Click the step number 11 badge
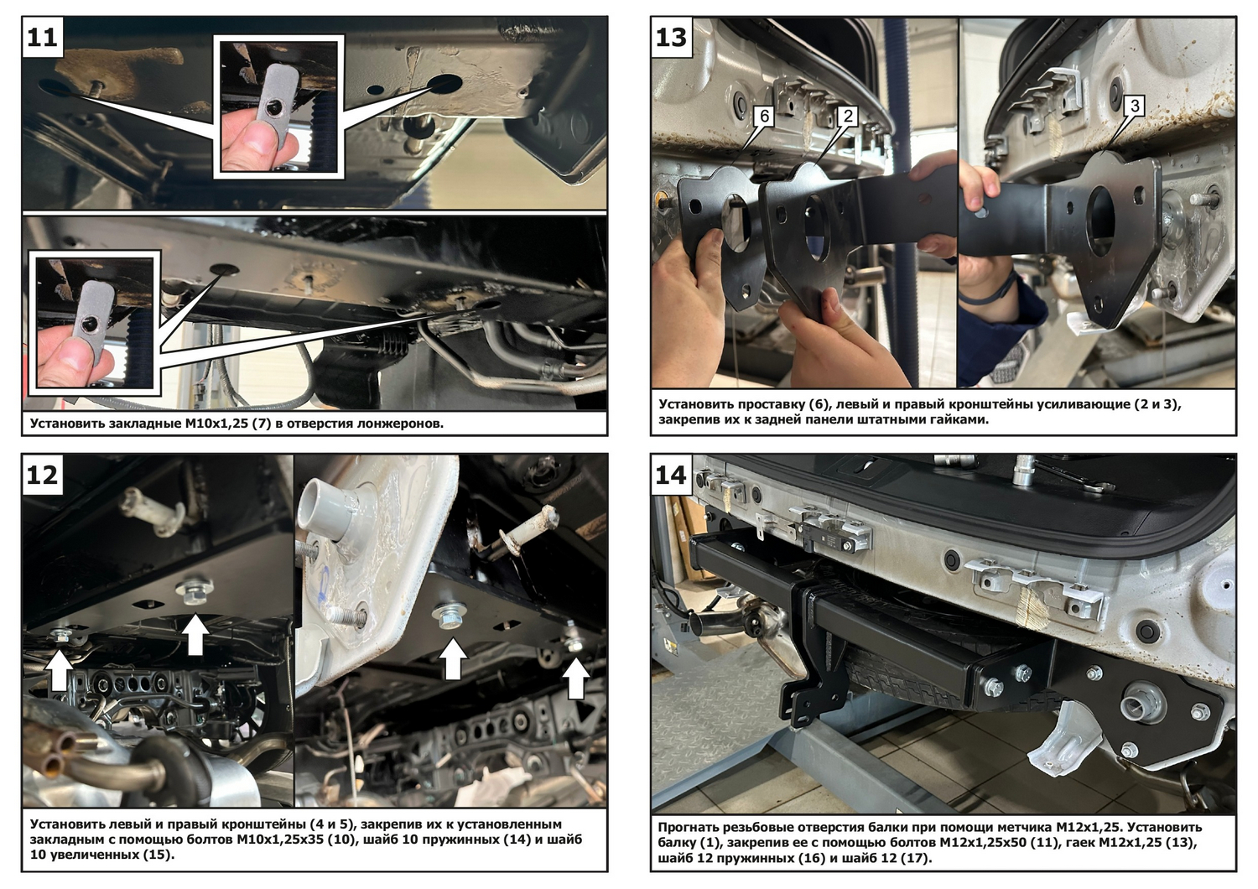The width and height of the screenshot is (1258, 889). [42, 37]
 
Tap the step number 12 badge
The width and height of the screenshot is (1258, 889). [42, 475]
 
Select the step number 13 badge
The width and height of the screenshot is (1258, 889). [671, 37]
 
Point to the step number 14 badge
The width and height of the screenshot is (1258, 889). [671, 475]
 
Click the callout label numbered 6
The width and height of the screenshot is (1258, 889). [764, 117]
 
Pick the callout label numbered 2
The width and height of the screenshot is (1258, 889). [847, 117]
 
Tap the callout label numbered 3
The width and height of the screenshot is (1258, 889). [1135, 106]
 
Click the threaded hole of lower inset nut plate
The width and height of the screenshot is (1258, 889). [89, 324]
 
